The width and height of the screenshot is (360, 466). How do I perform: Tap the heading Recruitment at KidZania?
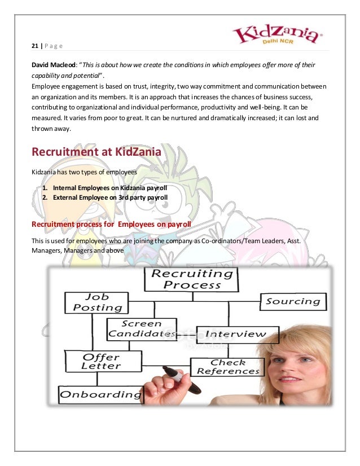pyautogui.click(x=96, y=152)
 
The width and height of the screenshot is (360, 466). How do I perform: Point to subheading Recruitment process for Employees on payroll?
pyautogui.click(x=111, y=225)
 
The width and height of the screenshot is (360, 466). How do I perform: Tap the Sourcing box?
pyautogui.click(x=293, y=301)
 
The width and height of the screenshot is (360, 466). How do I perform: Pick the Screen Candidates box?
pyautogui.click(x=142, y=329)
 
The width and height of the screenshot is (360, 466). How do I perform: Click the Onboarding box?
pyautogui.click(x=101, y=394)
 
